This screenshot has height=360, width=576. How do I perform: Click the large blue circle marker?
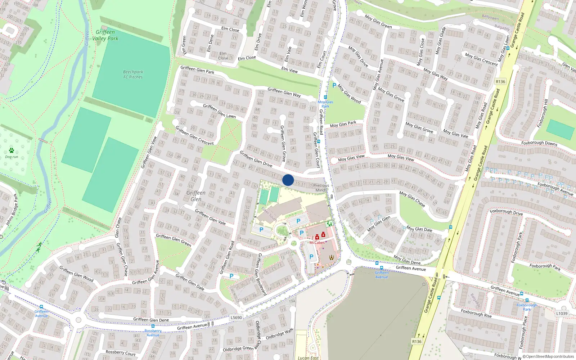click(x=288, y=180)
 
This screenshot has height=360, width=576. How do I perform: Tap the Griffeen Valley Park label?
click(x=105, y=35)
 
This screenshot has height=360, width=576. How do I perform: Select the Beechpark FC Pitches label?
click(x=133, y=74)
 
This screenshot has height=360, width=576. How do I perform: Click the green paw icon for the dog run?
click(x=12, y=150)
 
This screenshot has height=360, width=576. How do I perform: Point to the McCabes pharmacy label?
click(x=317, y=243)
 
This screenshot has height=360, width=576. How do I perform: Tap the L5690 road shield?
click(x=236, y=318)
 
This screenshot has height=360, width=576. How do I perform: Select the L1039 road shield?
click(x=562, y=314)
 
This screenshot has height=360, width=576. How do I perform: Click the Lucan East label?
click(x=308, y=357)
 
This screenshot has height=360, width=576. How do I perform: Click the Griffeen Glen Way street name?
click(x=284, y=93)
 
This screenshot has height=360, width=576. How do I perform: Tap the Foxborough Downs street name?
click(x=539, y=143)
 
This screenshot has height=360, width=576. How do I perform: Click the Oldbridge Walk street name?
click(x=279, y=334)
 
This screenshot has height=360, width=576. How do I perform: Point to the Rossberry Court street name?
click(x=121, y=353)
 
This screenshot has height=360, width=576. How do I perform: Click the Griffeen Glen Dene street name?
click(x=151, y=320)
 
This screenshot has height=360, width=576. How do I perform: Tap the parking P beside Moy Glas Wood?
click(x=334, y=86)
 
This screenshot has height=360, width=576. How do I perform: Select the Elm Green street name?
click(x=184, y=45)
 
